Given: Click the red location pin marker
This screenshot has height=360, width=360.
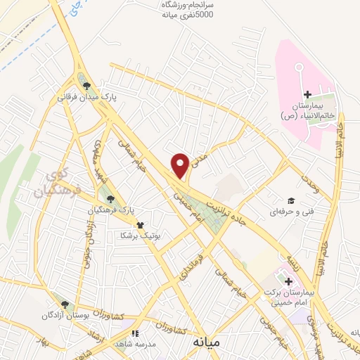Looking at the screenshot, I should [180, 165].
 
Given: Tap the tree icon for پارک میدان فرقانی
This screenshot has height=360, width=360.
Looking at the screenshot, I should [86, 86].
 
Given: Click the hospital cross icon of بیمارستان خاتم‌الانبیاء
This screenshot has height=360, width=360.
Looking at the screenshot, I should [307, 95].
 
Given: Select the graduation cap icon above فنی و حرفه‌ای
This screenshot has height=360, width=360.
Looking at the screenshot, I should [289, 200].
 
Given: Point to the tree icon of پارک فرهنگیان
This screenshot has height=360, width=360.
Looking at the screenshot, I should [107, 200].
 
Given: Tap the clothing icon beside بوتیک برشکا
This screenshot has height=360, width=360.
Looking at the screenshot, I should [141, 226].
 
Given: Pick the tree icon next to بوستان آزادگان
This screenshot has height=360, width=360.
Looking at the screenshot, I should [65, 305].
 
